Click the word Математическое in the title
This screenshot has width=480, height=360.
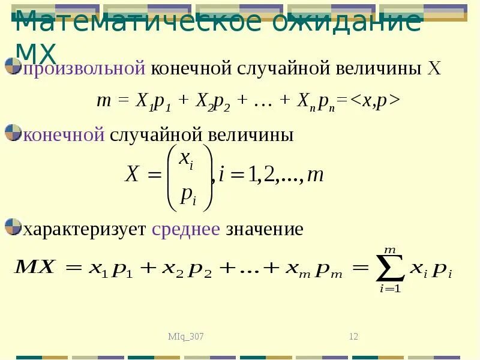[x=139, y=23]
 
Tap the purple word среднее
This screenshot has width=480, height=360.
[x=186, y=229]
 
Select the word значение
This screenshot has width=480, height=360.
[x=265, y=229]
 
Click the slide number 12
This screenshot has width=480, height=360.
[x=353, y=337]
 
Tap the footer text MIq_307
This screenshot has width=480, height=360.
[x=186, y=337]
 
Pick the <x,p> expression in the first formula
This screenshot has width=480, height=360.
[x=375, y=101]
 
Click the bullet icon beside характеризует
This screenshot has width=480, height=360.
[x=13, y=227]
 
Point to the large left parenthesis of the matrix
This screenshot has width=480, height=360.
[x=172, y=178]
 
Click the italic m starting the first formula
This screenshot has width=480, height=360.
[x=102, y=101]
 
